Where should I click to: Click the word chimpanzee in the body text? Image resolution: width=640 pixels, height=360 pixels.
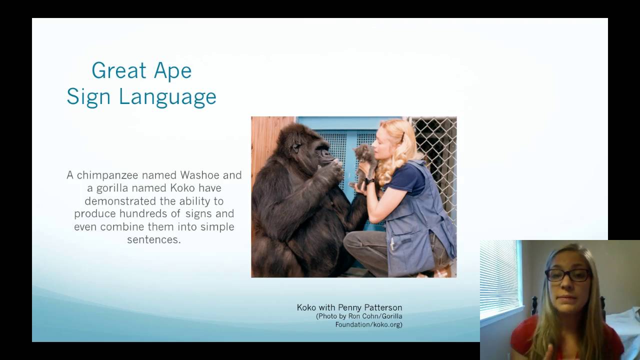click(x=107, y=175)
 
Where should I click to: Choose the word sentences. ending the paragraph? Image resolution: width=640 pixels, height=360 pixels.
click(x=153, y=239)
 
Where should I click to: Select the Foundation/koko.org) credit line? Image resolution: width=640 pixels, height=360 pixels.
click(x=368, y=324)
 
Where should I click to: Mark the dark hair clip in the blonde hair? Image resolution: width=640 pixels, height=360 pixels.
click(x=401, y=137)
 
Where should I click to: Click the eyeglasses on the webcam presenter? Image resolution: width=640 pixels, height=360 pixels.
click(x=567, y=275)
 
